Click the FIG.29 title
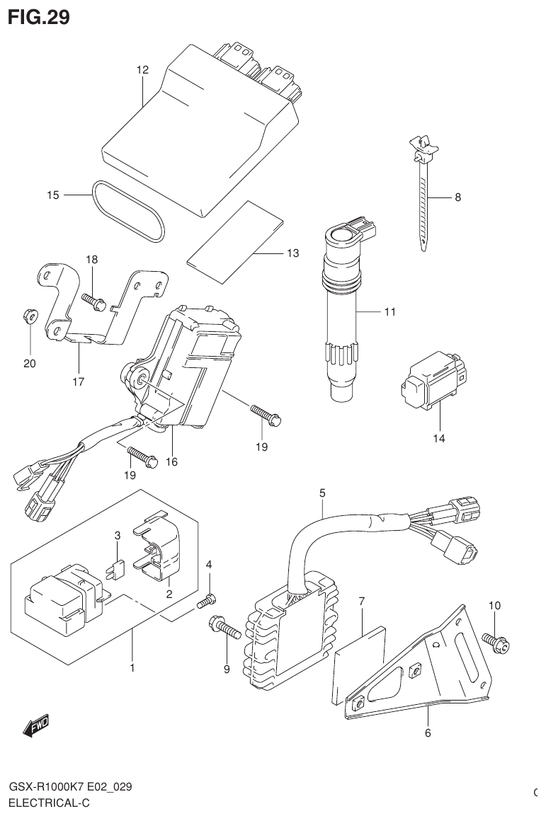point(38,17)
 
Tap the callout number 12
point(142,70)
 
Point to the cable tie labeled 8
point(423,191)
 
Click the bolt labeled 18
point(94,302)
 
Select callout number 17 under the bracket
point(78,381)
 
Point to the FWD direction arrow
point(35,725)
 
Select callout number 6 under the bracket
point(428,732)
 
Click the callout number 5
point(322,492)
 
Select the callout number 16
point(171,461)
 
